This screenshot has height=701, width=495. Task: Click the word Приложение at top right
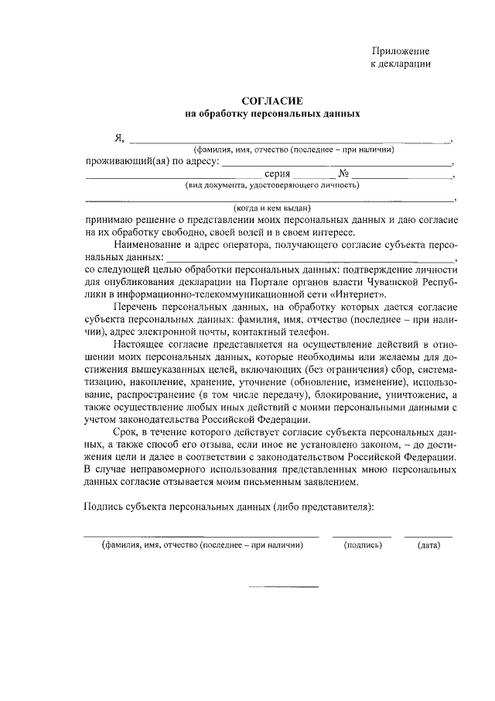point(401,50)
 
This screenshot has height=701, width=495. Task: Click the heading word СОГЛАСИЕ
point(271,101)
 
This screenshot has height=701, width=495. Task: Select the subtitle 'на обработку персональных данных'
point(271,114)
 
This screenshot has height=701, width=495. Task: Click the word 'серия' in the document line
point(276,175)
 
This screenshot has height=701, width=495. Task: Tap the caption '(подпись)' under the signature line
point(363,545)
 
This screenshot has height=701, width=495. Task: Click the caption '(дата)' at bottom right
point(428,545)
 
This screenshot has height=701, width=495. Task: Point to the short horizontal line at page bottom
point(282,586)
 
